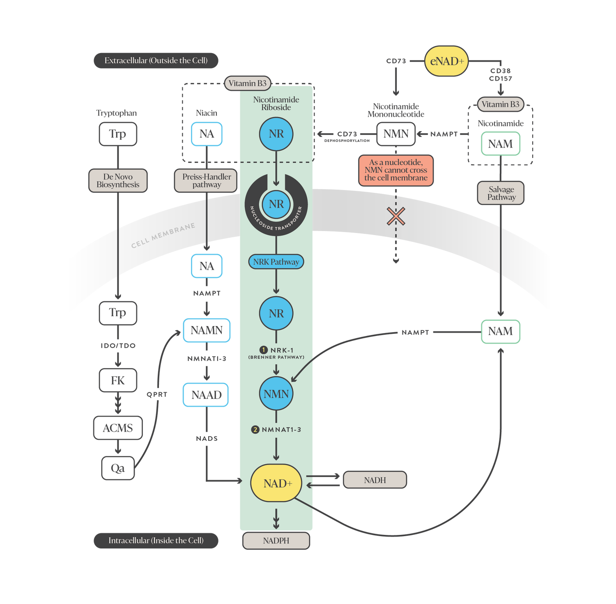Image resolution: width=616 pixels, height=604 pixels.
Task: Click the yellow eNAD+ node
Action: click(x=446, y=61)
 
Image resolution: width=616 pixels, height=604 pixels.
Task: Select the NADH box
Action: click(x=375, y=480)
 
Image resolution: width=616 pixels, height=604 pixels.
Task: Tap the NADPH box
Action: click(x=276, y=541)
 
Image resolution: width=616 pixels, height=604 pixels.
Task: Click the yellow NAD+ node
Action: click(x=276, y=483)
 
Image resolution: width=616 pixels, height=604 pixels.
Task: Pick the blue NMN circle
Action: click(x=276, y=394)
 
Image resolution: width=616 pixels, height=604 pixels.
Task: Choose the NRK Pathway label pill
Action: click(x=276, y=262)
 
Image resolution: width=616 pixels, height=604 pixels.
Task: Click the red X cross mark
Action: click(x=396, y=216)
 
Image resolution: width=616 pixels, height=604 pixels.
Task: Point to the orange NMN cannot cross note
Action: click(x=396, y=170)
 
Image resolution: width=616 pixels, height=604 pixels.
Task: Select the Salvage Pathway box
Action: click(x=501, y=193)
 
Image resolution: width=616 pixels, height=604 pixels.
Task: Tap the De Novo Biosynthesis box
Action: click(x=118, y=181)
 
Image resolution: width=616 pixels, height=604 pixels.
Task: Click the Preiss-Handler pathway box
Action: click(x=206, y=181)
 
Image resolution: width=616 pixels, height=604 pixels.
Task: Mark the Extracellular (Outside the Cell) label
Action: click(x=156, y=60)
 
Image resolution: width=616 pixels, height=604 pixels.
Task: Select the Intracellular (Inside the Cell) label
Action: click(x=156, y=541)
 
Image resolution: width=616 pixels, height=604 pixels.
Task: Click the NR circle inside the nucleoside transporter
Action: click(x=276, y=204)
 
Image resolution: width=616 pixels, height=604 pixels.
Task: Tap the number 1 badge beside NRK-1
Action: click(x=264, y=350)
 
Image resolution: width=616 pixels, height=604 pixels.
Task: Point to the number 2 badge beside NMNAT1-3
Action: click(x=255, y=430)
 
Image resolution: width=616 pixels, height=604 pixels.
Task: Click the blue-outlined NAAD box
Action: click(x=206, y=395)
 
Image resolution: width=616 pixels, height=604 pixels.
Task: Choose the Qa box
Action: click(x=118, y=468)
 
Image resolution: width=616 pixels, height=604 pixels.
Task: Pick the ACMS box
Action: click(x=118, y=428)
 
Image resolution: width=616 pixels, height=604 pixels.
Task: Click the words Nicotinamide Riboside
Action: click(x=276, y=104)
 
